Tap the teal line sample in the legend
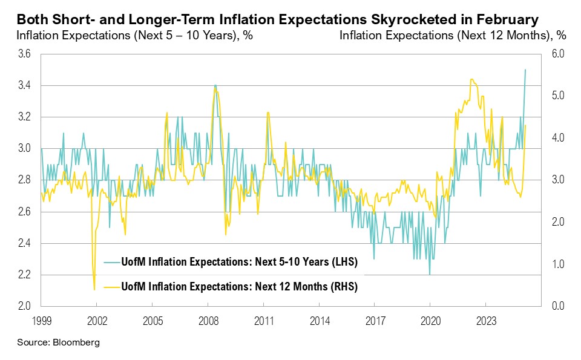point(111,263)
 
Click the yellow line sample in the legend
point(111,286)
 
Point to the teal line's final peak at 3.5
point(525,70)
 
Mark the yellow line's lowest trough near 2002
point(94,289)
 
